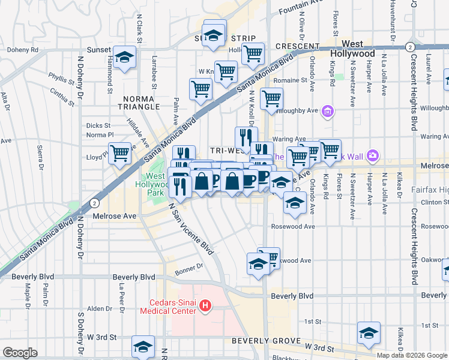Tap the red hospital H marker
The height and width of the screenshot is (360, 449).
(x=205, y=306)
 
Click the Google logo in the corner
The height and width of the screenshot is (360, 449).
(x=20, y=353)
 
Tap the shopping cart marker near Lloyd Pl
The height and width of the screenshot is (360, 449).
(x=120, y=153)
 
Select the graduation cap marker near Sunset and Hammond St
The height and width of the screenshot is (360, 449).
(x=124, y=57)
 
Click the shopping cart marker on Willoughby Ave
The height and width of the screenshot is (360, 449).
(x=271, y=98)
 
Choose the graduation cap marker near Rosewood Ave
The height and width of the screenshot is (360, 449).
(x=294, y=203)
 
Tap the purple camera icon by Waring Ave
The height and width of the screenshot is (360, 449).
(x=373, y=155)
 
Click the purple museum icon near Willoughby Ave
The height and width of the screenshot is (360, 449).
(x=328, y=110)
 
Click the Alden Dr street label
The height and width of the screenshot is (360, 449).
(x=96, y=308)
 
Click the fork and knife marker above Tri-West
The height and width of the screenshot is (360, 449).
(x=246, y=137)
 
